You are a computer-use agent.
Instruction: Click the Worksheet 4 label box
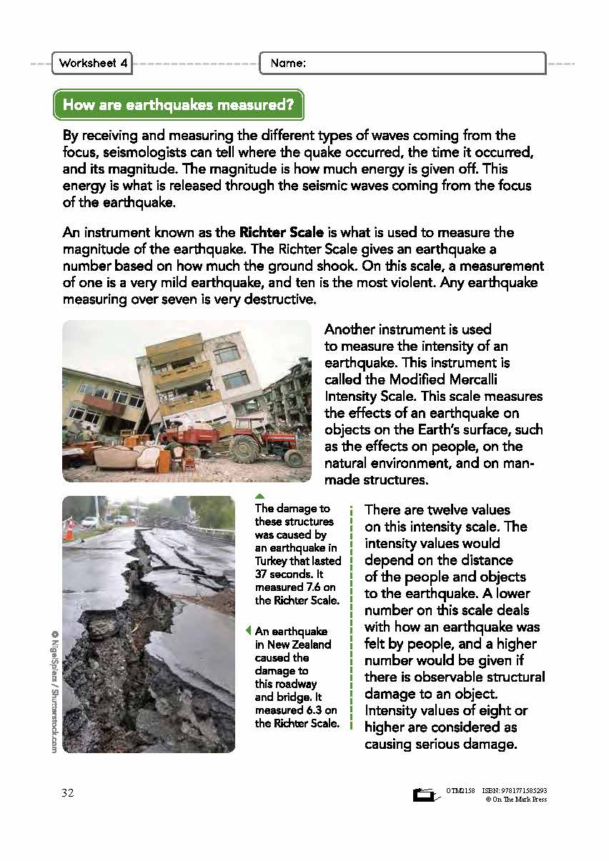point(94,63)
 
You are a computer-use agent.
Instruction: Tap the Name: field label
point(288,63)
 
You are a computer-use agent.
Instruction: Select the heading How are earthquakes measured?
point(178,105)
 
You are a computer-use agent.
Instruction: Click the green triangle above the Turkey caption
point(260,496)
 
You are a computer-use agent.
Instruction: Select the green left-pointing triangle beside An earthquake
point(248,631)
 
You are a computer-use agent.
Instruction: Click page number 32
point(68,794)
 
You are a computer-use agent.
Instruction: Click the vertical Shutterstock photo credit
point(54,691)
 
